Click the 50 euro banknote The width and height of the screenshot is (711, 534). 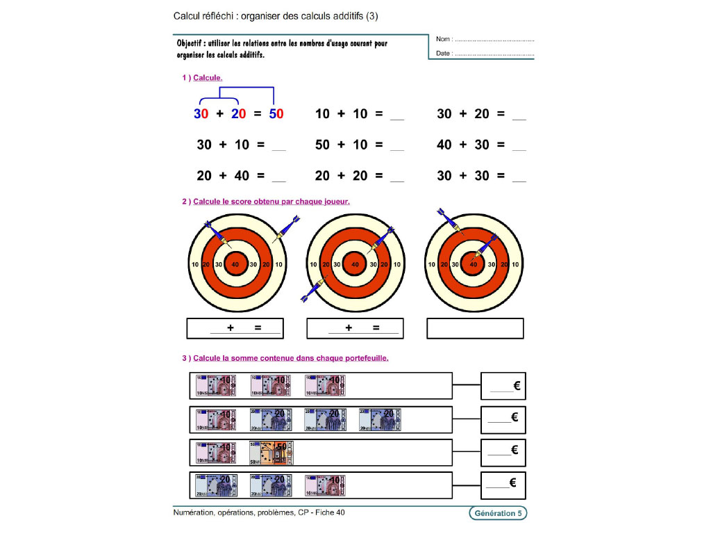[x=271, y=453]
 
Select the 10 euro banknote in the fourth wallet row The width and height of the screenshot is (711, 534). [x=325, y=485]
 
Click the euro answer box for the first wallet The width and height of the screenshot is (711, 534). [x=503, y=386]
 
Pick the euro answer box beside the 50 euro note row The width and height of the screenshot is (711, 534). [x=503, y=451]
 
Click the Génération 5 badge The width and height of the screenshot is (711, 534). [x=497, y=513]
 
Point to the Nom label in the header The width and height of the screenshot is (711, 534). [x=444, y=39]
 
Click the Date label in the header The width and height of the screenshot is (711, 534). [x=444, y=54]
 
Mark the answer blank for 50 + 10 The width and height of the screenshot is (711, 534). [x=396, y=145]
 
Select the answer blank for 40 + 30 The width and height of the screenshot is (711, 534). [x=519, y=145]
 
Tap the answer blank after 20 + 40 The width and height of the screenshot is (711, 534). [x=278, y=177]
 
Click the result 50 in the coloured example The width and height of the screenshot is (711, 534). [x=276, y=114]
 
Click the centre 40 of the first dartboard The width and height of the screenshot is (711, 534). [x=235, y=264]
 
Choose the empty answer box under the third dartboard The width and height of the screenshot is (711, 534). [x=475, y=328]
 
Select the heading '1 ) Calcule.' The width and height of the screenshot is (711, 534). [x=202, y=78]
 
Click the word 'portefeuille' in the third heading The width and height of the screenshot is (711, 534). [x=365, y=358]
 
